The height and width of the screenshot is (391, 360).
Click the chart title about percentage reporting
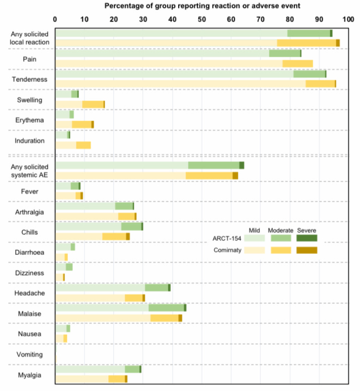[202, 6]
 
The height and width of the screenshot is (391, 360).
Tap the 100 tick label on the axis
[348, 20]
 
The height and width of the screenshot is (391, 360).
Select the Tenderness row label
[30, 79]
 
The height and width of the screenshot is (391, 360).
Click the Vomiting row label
[30, 354]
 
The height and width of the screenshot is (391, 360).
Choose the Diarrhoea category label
[30, 252]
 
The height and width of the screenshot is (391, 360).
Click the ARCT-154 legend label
[227, 238]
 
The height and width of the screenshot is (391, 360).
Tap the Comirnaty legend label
[228, 250]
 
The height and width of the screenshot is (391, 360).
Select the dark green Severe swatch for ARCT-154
[307, 238]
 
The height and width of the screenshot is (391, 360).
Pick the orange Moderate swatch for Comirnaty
[281, 250]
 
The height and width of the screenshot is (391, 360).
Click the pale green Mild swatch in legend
[254, 238]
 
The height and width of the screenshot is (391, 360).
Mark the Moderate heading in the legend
[281, 230]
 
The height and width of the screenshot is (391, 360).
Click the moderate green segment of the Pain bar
[285, 53]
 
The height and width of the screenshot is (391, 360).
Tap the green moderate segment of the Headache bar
[156, 287]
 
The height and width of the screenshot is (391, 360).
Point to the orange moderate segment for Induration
[83, 145]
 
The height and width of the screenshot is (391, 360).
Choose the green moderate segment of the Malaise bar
[166, 308]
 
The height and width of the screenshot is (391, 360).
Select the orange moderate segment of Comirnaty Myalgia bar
[116, 379]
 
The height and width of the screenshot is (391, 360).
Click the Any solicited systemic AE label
[30, 171]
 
